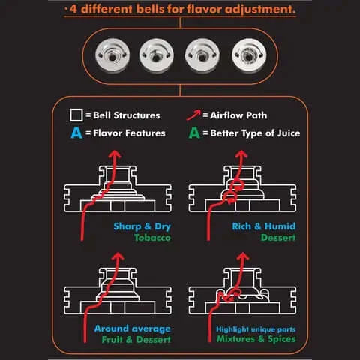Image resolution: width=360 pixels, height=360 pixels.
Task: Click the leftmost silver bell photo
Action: coord(112,55)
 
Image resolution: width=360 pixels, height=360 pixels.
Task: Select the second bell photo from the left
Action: coord(157,55)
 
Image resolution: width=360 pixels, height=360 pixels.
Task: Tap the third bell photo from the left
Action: coord(202,55)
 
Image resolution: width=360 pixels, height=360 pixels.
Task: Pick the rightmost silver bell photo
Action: coord(249,55)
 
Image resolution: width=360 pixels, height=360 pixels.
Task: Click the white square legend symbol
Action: coord(76,115)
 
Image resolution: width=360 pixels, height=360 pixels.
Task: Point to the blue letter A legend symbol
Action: coord(76,133)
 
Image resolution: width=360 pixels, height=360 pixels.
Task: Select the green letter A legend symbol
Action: coord(194,133)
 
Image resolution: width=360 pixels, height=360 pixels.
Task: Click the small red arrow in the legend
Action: coord(193,115)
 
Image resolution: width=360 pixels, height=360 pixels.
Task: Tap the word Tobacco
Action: coord(152,238)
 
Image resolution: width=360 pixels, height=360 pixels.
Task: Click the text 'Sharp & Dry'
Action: coord(142,226)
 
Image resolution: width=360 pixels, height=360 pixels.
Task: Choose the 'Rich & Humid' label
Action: coord(264,226)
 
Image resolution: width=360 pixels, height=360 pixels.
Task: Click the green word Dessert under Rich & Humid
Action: coord(278,238)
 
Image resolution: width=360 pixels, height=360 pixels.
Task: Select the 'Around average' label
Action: coord(133,328)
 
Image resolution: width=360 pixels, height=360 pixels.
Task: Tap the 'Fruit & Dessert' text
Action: coord(136,340)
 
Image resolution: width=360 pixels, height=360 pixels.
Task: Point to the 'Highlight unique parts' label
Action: coord(256,329)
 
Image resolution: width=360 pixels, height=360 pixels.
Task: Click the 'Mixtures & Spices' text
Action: coord(256,339)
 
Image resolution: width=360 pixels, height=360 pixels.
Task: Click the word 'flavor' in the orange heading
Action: coord(205,9)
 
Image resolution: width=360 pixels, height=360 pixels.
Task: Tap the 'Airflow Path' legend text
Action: coord(238,115)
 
